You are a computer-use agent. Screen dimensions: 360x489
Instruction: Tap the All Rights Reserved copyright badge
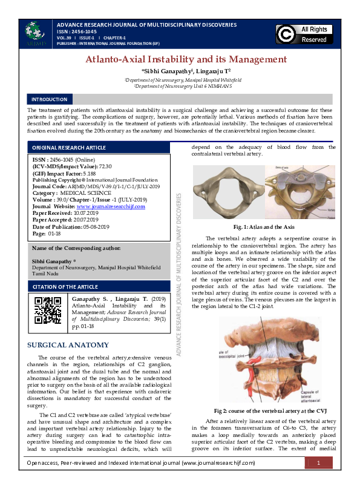point(305,34)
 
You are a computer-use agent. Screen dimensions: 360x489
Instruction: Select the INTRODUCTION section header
point(49,99)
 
